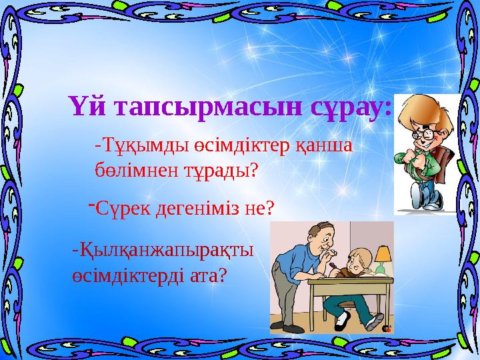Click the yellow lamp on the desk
click(383, 254)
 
